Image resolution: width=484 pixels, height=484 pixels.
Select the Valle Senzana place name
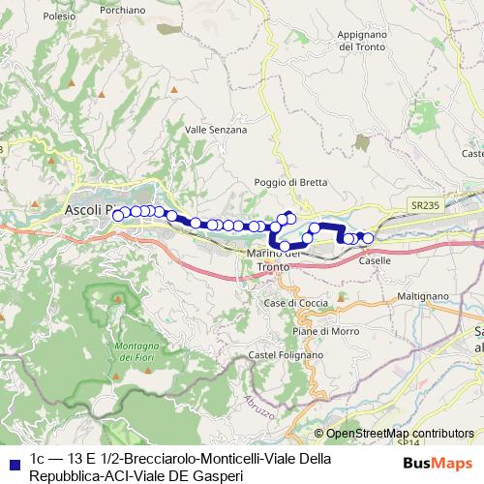click(x=216, y=129)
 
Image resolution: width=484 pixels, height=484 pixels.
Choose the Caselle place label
click(x=374, y=260)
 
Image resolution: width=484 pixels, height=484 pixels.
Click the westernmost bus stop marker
click(x=119, y=215)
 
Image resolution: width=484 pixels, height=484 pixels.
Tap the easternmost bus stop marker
click(x=368, y=238)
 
